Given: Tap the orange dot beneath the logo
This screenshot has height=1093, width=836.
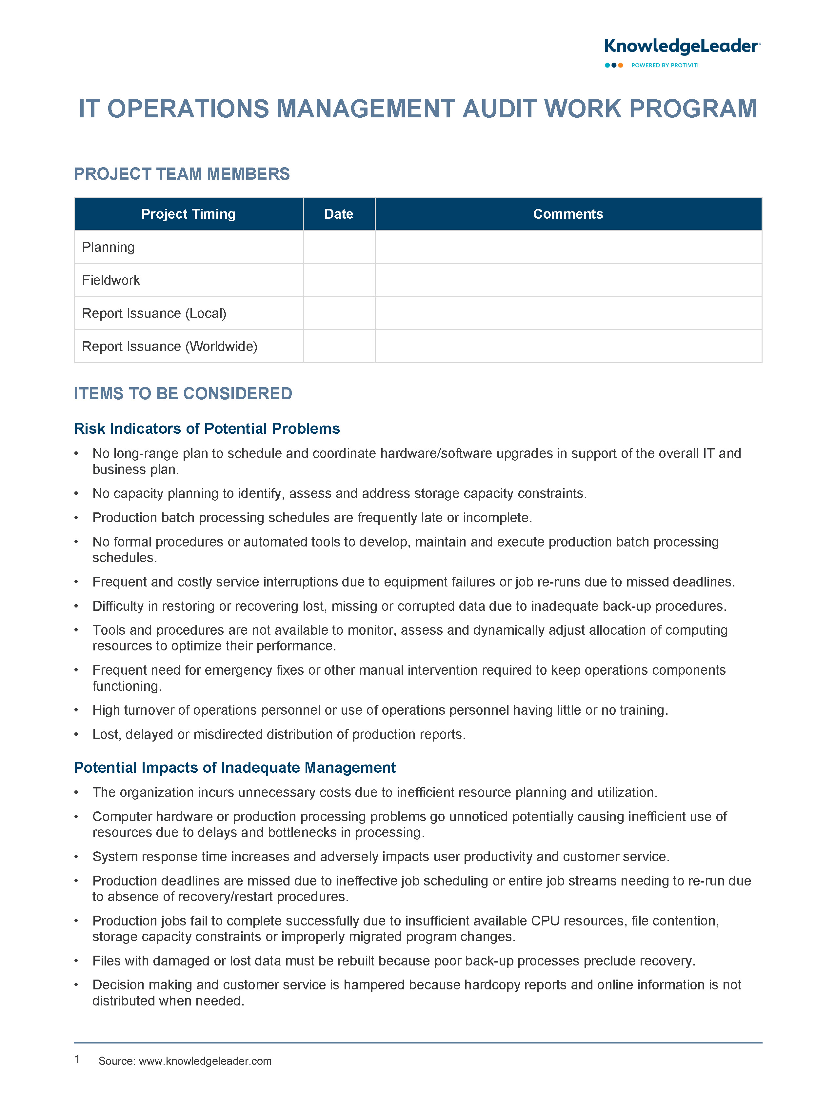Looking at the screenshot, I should point(621,65).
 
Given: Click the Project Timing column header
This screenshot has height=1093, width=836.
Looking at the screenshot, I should point(188,214).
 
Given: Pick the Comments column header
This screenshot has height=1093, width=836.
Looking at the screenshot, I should point(568,214).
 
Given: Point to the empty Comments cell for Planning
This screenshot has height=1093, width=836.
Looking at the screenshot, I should point(568,247).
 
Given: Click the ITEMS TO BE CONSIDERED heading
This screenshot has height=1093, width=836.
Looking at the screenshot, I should point(183,393).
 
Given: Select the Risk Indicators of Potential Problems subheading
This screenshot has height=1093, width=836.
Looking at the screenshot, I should point(207,428).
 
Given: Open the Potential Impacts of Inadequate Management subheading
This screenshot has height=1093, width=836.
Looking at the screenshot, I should point(234,768).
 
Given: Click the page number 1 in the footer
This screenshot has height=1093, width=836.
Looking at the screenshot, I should point(77,1059).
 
